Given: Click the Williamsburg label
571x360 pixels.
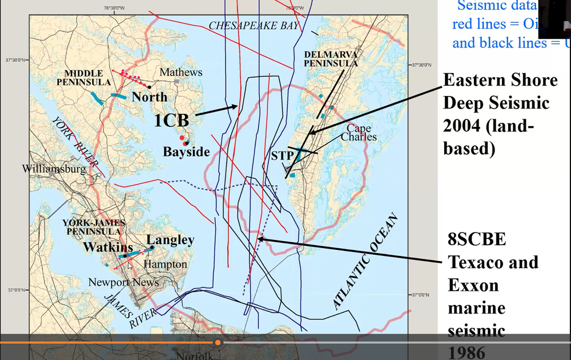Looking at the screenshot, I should (x=54, y=169).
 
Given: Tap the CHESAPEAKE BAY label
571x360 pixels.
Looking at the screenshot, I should (x=254, y=25).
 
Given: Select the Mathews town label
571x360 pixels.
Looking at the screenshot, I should (x=180, y=73).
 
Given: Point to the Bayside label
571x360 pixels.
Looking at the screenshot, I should (x=186, y=153).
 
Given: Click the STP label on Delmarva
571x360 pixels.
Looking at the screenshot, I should (x=282, y=155).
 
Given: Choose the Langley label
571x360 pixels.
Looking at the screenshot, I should (x=170, y=241).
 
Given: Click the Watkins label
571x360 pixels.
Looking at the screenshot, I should (x=108, y=247).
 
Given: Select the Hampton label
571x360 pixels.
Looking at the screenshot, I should (x=165, y=265).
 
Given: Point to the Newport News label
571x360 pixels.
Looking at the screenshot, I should (x=123, y=282).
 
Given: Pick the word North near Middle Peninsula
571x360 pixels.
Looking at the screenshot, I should (x=150, y=97).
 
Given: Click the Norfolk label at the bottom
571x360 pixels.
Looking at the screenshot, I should (x=195, y=355).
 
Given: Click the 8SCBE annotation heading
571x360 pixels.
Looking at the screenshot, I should (x=476, y=239).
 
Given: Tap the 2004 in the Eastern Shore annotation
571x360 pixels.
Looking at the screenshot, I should (x=463, y=126).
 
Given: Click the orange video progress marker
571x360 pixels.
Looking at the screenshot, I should (x=218, y=342).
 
